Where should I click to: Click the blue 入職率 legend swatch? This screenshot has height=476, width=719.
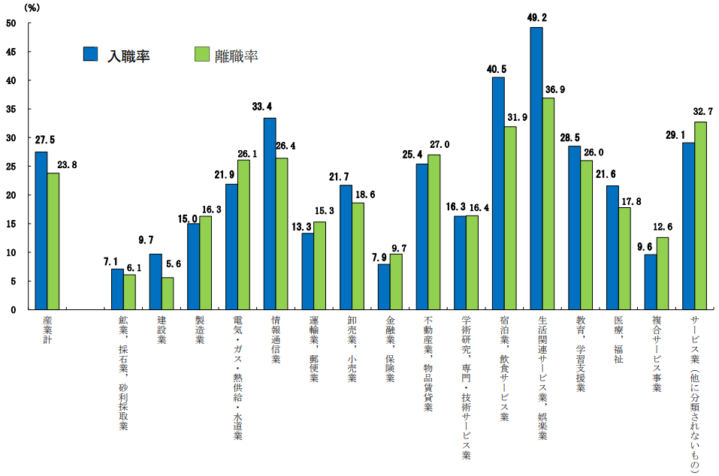(x=91, y=54)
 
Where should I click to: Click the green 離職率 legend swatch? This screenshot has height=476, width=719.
(x=201, y=54)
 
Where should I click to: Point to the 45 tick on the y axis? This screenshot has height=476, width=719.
(x=11, y=52)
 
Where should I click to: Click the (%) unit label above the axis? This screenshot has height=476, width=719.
(x=33, y=8)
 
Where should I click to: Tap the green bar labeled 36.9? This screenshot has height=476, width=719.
(x=548, y=203)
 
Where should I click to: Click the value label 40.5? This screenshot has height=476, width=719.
(x=496, y=69)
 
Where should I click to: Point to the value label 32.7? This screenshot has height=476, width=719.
(x=702, y=112)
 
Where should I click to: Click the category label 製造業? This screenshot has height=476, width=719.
(x=199, y=330)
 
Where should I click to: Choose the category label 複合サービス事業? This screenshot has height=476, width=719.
(x=657, y=354)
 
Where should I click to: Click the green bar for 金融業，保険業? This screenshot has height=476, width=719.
(x=396, y=282)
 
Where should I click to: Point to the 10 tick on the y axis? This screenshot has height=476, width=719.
(x=11, y=252)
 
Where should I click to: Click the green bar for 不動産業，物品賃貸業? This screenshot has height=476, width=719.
(x=434, y=232)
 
